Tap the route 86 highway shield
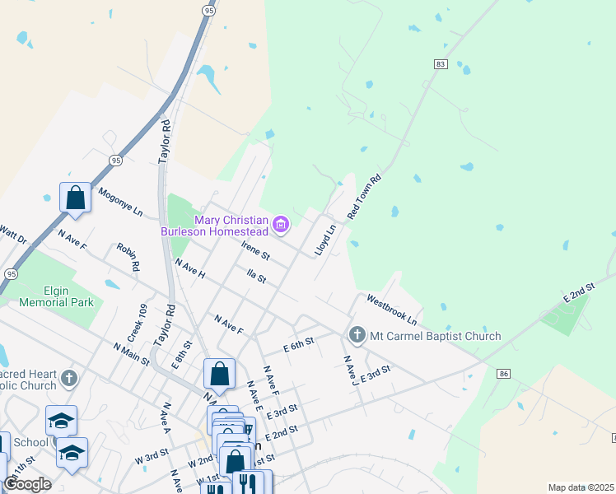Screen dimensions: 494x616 (x=504, y=374)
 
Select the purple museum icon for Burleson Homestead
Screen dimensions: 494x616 (x=282, y=224)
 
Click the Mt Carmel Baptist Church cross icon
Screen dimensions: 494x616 (x=357, y=335)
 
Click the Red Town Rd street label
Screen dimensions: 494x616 (x=366, y=195)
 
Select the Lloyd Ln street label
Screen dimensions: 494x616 (x=327, y=240)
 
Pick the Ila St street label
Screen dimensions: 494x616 (x=256, y=275)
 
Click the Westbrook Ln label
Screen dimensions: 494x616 (x=392, y=309)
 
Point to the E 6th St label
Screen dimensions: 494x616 (x=299, y=343)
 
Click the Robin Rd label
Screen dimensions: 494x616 (x=128, y=258)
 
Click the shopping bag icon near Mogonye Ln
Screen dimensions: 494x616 (x=76, y=198)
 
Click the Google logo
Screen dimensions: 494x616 (x=27, y=484)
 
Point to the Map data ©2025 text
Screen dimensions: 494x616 (x=581, y=487)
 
